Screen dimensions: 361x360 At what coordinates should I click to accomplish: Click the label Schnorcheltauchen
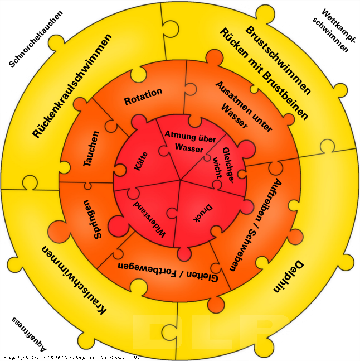(36, 39)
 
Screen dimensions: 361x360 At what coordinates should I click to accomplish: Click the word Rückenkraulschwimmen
(72, 85)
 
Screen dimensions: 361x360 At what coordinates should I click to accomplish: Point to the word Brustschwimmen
(278, 60)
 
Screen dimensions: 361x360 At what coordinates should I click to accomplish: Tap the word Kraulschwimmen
(75, 280)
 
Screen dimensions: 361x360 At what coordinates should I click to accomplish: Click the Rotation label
(143, 96)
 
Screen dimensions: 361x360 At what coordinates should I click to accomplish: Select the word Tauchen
(91, 149)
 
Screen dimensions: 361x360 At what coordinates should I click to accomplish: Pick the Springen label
(92, 219)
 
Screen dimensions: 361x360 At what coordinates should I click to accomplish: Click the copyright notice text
(71, 357)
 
